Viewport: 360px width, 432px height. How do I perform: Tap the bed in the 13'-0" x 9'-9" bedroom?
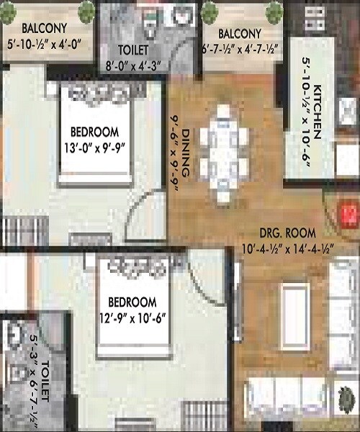[x=104, y=133]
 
